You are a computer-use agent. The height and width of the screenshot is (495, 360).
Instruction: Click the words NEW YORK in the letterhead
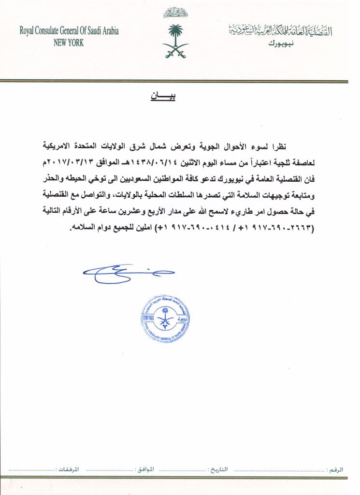point(69,43)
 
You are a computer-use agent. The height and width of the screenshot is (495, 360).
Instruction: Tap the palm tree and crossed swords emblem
point(175,41)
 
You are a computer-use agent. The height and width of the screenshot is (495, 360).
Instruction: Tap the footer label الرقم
point(335,469)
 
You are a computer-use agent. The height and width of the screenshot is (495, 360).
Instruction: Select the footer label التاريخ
point(221,469)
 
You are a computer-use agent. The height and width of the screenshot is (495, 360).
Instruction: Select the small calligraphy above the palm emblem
point(175,12)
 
